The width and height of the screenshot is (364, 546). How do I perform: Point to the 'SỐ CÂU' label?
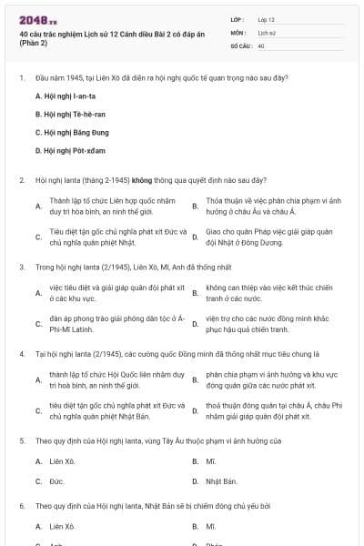pyautogui.click(x=241, y=45)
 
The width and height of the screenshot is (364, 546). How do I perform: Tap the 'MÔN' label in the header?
pyautogui.click(x=238, y=32)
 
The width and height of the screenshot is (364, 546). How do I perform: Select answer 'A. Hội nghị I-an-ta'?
pyautogui.click(x=66, y=96)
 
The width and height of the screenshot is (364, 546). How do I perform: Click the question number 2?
pyautogui.click(x=21, y=179)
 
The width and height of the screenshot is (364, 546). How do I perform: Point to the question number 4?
pyautogui.click(x=21, y=353)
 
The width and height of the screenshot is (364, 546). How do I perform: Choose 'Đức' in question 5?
pyautogui.click(x=56, y=480)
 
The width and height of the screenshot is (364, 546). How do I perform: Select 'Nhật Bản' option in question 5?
pyautogui.click(x=221, y=480)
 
